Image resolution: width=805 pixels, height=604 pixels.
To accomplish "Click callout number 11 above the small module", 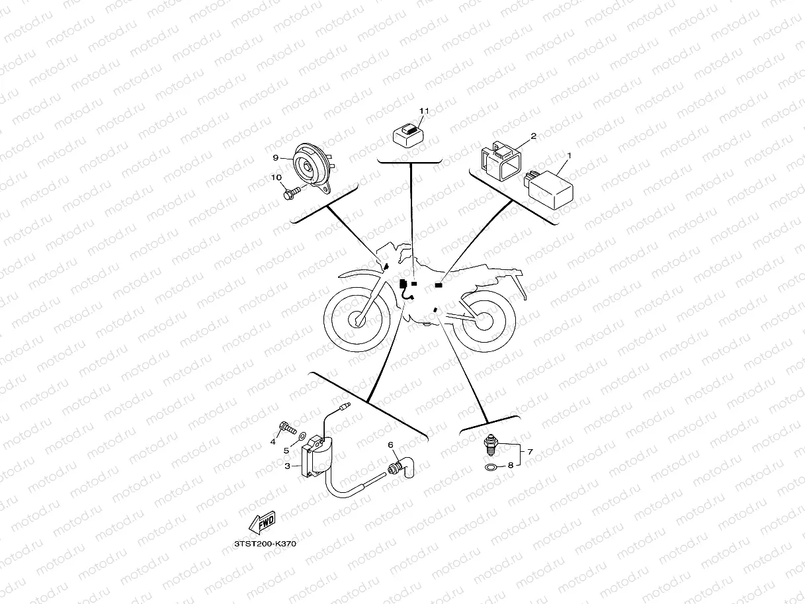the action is pos(424,110).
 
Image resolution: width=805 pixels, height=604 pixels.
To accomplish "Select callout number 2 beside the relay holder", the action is pos(533,136).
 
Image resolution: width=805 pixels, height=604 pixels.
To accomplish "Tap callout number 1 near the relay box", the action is pos(569,156).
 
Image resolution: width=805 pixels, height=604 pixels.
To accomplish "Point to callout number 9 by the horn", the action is pos(276,157).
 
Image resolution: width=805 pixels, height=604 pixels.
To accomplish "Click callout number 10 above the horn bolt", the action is pos(276,177).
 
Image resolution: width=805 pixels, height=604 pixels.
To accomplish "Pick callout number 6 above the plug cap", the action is pos(390,445).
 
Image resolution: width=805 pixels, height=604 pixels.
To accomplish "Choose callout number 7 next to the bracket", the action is pos(530,452).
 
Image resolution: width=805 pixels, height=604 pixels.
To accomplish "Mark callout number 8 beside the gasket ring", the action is pos(511,465).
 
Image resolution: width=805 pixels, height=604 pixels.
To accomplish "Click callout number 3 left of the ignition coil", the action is pos(288,466).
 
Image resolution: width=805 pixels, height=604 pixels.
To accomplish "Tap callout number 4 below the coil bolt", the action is pos(273,442).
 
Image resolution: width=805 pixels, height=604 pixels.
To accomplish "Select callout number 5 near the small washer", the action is pos(286,451).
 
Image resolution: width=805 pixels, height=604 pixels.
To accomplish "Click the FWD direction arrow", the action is pos(262,522).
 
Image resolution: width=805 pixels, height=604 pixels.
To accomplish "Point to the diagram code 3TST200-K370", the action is pos(265,544).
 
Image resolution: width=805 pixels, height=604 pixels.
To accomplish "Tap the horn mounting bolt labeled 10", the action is pos(292,193).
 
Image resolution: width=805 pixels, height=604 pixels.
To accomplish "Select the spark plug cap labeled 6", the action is pos(402,467).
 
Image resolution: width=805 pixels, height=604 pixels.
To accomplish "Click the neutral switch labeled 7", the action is pos(490,445).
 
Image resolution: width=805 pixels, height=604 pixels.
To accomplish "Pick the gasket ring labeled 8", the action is pos(490,467).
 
